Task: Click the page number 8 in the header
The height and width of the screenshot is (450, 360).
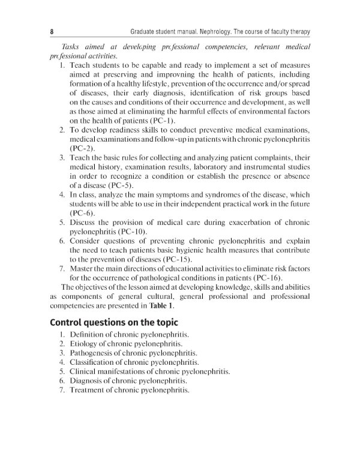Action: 52,31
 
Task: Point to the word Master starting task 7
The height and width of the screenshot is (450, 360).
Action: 83,271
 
